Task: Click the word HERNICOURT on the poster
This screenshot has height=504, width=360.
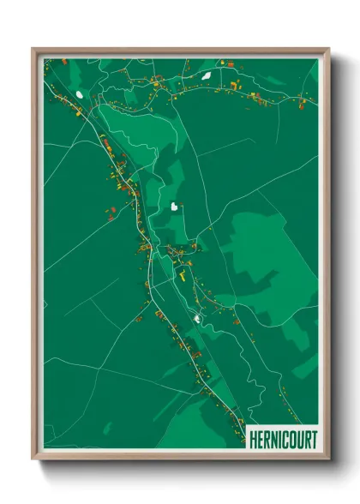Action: [282, 441]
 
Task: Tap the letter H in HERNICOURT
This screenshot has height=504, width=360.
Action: [252, 441]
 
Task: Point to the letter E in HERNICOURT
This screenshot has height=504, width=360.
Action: [259, 441]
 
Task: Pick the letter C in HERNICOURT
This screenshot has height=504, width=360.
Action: [285, 441]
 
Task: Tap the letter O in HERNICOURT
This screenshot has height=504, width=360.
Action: [292, 441]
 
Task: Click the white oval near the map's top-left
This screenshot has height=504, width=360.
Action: [80, 94]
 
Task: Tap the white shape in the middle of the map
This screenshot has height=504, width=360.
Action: [175, 207]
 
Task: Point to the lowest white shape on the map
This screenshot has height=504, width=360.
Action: [197, 319]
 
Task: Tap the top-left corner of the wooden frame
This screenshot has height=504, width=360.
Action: [33, 49]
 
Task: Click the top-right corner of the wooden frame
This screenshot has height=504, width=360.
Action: [327, 49]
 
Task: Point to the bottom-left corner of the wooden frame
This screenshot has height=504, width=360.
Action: [33, 459]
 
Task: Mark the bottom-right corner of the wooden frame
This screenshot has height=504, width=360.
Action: [327, 459]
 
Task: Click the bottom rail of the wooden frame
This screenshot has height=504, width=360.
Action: [180, 457]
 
